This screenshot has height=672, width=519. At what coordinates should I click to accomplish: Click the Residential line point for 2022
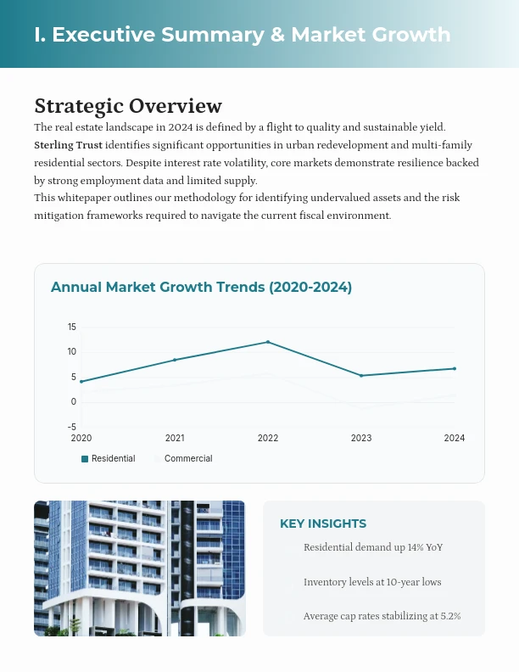pos(268,342)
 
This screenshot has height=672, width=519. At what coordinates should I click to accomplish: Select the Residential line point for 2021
pos(175,360)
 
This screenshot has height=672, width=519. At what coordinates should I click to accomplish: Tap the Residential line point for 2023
pos(361,376)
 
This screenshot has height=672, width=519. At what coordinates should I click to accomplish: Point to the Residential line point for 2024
pos(455,368)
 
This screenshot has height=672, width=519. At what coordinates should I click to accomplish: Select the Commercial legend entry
pos(187,458)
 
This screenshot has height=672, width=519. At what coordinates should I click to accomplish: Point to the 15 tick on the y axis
pos(72,328)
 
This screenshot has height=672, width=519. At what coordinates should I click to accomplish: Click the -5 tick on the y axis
pos(72,427)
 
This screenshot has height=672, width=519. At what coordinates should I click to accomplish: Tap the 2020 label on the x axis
pos(81,438)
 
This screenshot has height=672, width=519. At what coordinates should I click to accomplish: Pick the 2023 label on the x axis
pos(361,438)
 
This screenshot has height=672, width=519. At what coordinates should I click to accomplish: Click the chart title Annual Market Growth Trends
pos(201,288)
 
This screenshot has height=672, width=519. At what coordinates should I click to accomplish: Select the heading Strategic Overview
pos(128,106)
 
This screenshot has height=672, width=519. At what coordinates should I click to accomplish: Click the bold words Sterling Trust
pos(68,145)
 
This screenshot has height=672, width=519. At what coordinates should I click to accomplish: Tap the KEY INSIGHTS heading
pos(323,524)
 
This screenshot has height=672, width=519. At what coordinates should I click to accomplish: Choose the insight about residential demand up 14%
pos(372,547)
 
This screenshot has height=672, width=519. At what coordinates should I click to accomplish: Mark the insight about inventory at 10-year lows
pos(371,582)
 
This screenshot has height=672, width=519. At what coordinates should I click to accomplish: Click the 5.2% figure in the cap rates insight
pos(449,616)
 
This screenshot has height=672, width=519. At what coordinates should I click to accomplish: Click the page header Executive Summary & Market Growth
pos(243,35)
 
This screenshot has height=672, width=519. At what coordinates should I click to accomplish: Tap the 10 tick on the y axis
pos(72,352)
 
